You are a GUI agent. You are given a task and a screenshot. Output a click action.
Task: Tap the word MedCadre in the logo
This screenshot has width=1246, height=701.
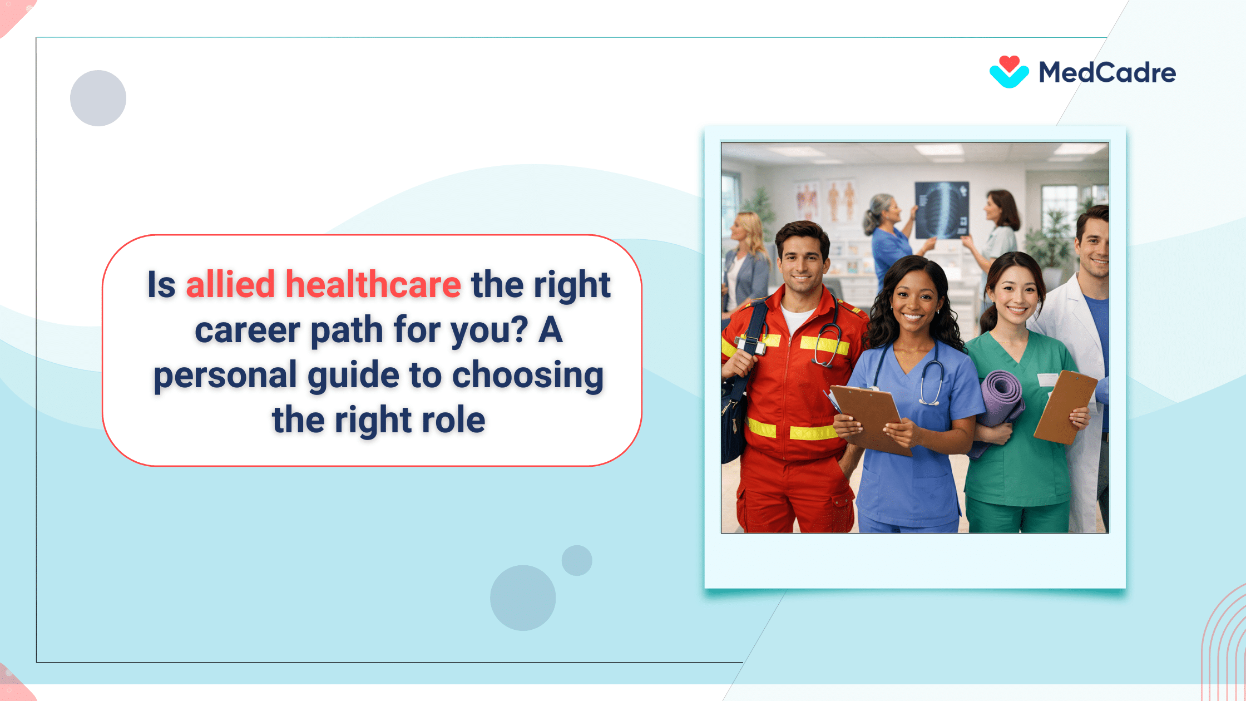[x=1107, y=73]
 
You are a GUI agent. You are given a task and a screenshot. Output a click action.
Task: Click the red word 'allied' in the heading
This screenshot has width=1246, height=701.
[x=230, y=284]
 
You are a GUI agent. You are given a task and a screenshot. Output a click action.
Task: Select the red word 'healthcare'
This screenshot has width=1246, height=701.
[x=373, y=284]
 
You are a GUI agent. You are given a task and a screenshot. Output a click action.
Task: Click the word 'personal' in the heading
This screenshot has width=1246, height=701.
[x=225, y=375]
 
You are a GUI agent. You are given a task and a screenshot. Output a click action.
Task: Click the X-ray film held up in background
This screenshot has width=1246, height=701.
[x=942, y=210]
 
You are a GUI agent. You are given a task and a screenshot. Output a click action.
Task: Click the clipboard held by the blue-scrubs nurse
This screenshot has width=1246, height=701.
[x=868, y=414]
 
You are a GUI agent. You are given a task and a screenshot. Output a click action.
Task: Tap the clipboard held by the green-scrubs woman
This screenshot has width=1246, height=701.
[x=1064, y=406]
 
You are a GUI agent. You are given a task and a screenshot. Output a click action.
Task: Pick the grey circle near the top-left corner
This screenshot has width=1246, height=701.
[x=98, y=98]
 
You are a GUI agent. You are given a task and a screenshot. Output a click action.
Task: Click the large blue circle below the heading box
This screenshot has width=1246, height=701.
[x=522, y=598]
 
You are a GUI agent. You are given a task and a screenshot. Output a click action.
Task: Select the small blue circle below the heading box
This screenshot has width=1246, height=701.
[x=577, y=560]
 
